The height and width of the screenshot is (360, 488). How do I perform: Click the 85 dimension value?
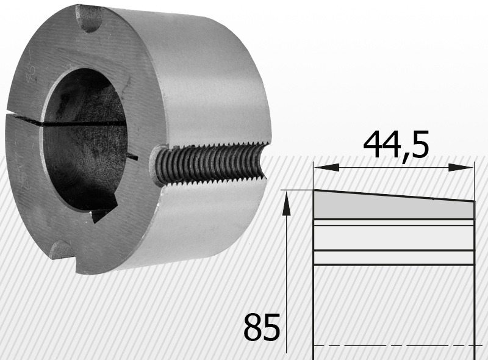coord(262,327)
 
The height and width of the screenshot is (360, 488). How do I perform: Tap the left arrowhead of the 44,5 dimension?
coord(326,168)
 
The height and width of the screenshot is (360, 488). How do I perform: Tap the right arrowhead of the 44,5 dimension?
coord(461,168)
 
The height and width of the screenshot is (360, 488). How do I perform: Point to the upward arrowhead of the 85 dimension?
coord(286,203)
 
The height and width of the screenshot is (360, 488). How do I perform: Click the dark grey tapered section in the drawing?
coord(393,206)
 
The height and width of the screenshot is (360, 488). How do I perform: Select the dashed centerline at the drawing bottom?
coord(398,345)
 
